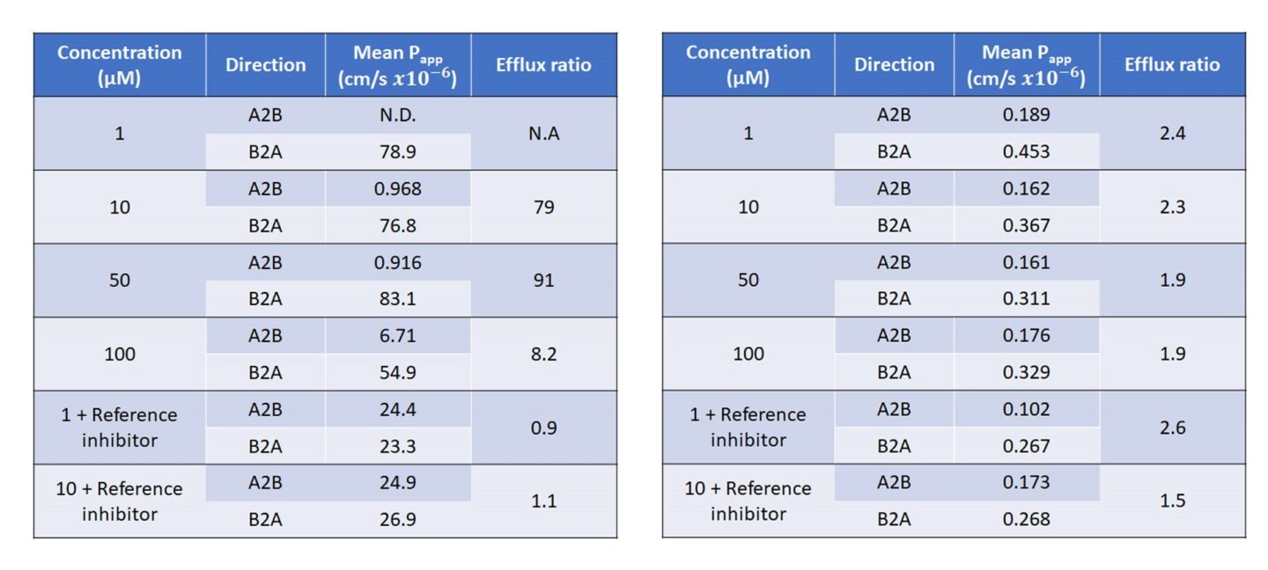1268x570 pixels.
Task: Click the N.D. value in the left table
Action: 398,115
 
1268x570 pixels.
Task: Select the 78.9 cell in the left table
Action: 398,151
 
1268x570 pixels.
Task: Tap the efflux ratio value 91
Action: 544,281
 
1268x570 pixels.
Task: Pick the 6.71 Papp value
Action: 398,336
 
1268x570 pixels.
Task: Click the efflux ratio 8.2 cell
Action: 544,354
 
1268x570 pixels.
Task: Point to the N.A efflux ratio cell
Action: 544,134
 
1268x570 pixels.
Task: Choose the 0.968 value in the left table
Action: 398,189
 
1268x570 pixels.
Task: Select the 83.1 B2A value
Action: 398,299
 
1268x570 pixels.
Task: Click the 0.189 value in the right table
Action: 1027,115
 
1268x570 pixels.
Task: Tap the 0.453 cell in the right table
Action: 1027,151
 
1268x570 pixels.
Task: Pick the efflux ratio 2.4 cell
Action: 1173,134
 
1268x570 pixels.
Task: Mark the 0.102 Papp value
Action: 1027,409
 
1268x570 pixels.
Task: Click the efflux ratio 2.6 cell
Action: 1173,428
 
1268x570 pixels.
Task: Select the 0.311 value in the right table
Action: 1027,299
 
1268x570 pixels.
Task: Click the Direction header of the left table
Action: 265,65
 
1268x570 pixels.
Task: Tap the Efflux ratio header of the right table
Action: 1173,65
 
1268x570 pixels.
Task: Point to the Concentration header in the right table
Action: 748,65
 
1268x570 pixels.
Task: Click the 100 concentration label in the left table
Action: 120,354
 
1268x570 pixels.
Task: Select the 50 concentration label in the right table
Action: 748,281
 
